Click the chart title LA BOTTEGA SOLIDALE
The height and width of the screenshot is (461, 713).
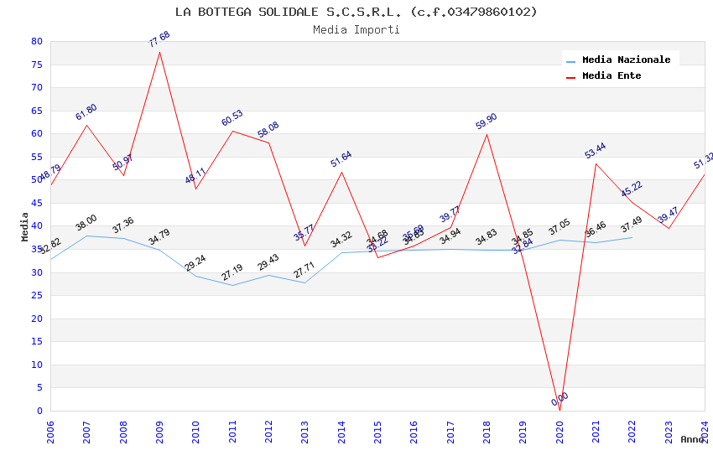tap(356, 12)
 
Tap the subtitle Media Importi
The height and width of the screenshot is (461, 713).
tap(356, 29)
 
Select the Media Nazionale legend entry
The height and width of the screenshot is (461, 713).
tap(626, 60)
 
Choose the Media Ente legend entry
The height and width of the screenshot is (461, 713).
tap(612, 75)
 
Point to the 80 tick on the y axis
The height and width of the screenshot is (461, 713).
tap(36, 41)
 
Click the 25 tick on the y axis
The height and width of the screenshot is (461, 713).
tap(36, 295)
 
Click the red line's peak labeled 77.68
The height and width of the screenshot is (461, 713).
tap(159, 52)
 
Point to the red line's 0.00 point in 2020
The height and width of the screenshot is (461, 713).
tap(559, 410)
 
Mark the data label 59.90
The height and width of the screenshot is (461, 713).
tap(487, 122)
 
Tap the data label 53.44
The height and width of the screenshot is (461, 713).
tap(596, 151)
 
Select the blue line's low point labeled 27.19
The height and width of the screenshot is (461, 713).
tap(232, 285)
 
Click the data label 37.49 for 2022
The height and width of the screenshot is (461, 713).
tap(632, 225)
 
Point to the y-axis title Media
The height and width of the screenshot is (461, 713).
tap(25, 226)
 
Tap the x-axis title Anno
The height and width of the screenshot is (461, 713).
tap(692, 439)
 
